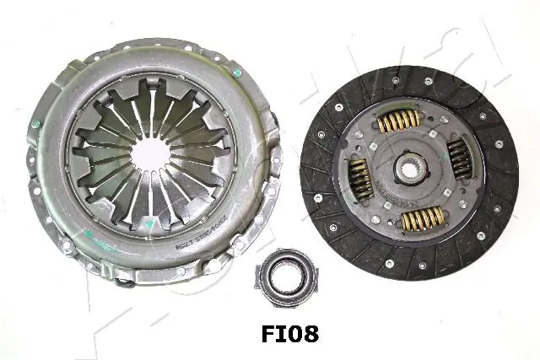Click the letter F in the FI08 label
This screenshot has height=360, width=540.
[x=254, y=334]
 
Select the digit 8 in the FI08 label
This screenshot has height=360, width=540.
[x=308, y=334]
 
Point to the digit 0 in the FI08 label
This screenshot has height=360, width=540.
[x=287, y=334]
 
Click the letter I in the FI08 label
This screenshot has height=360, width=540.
[x=269, y=334]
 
